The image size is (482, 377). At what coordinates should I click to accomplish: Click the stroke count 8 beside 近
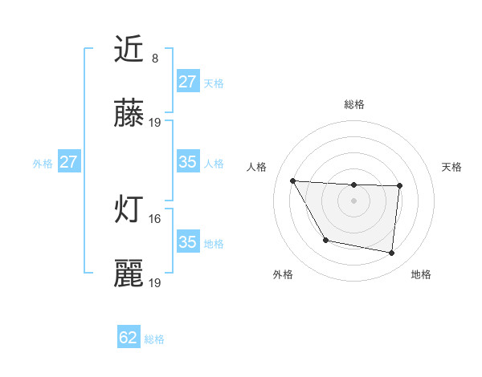(x=155, y=58)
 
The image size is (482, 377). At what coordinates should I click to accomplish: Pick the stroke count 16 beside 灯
(x=155, y=218)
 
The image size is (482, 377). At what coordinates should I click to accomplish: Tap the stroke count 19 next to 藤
(x=155, y=123)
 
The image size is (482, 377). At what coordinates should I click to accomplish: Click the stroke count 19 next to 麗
(x=155, y=282)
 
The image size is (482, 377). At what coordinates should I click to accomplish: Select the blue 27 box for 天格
(x=188, y=82)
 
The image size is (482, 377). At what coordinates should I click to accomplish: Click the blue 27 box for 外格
(x=68, y=163)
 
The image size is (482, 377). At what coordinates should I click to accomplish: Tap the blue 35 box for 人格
(x=188, y=163)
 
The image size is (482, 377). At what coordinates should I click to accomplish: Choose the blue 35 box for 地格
(x=188, y=242)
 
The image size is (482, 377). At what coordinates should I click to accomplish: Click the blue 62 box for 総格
(x=129, y=338)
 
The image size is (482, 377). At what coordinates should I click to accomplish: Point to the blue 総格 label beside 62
(x=155, y=339)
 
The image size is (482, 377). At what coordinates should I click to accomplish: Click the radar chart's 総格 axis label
(x=354, y=104)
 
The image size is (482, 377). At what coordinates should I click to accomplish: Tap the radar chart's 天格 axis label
(x=452, y=167)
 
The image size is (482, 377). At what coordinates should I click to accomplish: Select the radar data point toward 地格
(x=391, y=253)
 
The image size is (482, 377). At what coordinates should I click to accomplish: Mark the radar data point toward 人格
(x=293, y=180)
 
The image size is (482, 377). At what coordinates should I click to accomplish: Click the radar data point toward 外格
(x=325, y=240)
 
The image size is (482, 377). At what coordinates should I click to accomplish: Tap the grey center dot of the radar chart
(x=354, y=201)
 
